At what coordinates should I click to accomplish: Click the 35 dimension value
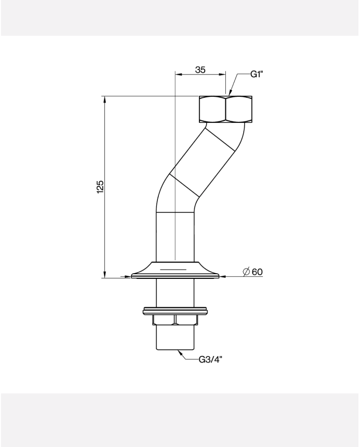(x=200, y=69)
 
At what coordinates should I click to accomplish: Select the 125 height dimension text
(x=100, y=187)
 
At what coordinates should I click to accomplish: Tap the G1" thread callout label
(x=257, y=75)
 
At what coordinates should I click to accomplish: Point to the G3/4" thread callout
(x=210, y=360)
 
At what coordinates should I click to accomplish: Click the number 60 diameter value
(x=257, y=272)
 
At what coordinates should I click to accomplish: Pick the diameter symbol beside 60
(x=246, y=272)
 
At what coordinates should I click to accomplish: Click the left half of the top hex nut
(x=212, y=110)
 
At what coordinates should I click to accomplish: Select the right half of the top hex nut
(x=239, y=110)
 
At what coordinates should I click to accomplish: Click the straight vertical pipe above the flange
(x=175, y=237)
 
